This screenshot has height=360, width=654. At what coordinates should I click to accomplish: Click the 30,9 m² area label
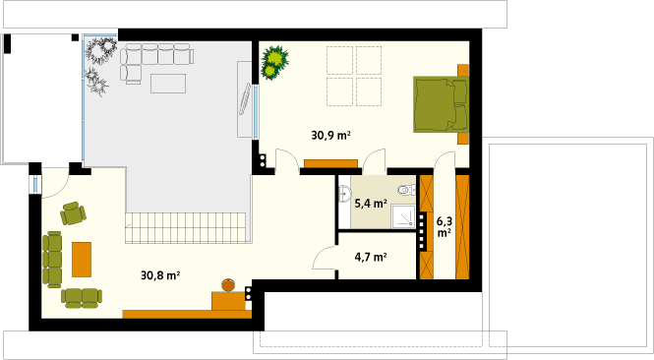click(330, 135)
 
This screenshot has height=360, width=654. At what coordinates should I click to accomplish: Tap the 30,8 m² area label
click(160, 275)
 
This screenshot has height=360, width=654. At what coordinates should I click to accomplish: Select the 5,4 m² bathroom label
click(371, 204)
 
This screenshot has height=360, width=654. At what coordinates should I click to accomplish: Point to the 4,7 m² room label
click(371, 257)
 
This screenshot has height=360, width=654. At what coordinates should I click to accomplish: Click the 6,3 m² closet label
click(445, 226)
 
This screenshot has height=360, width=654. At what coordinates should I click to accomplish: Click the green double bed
click(441, 104)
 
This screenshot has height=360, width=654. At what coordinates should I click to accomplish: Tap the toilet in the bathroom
click(407, 190)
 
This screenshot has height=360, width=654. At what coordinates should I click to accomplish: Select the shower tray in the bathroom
click(403, 216)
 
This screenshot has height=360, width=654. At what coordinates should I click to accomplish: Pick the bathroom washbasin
click(345, 194)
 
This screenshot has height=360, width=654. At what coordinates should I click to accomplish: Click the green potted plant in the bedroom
click(274, 63)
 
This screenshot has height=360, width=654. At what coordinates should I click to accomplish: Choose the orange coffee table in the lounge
click(82, 260)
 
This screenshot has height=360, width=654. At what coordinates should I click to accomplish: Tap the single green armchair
click(73, 213)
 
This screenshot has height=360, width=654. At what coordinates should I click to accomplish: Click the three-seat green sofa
click(52, 260)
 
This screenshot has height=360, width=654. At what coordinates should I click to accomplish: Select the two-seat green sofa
click(82, 298)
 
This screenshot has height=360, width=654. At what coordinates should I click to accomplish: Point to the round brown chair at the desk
click(228, 285)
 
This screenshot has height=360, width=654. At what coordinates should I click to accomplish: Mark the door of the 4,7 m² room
click(325, 257)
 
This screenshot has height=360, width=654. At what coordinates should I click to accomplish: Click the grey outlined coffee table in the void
click(168, 84)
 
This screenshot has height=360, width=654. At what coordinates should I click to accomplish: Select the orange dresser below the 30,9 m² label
click(330, 163)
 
